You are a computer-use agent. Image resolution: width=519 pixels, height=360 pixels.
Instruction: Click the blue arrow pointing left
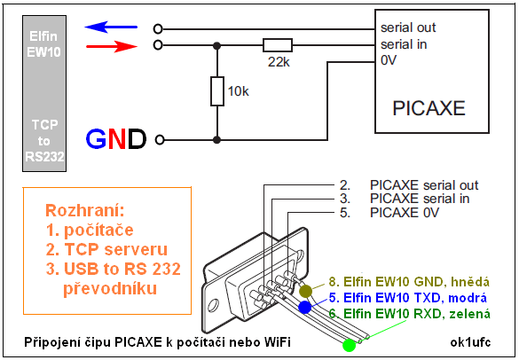coord(111,27)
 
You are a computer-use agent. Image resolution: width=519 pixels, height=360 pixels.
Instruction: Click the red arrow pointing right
coord(112,47)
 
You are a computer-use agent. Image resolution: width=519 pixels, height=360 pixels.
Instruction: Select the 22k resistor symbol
coord(278,45)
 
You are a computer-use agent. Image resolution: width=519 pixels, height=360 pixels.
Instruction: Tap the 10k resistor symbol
coord(217,91)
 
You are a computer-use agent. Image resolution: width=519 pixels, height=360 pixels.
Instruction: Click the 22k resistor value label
coord(279,62)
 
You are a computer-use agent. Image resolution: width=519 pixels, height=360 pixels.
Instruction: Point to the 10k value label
coord(239,91)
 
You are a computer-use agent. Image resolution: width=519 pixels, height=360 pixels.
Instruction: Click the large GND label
coord(116,139)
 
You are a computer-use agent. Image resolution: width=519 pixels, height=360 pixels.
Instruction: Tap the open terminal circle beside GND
coord(160,140)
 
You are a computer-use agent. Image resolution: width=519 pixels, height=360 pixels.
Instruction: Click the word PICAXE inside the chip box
coord(429,108)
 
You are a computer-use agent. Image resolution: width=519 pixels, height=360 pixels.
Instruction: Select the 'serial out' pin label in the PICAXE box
coord(408,27)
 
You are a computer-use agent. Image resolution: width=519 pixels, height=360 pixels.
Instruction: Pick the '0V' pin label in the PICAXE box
coord(389,60)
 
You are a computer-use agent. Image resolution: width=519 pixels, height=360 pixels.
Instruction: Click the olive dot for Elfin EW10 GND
coord(305,291)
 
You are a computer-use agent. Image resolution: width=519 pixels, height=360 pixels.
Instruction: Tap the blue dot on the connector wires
coord(305,308)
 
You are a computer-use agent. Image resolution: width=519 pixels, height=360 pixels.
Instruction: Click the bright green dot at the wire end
coord(349,346)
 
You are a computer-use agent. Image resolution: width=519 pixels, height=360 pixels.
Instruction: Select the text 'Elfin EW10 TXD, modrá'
coord(415,298)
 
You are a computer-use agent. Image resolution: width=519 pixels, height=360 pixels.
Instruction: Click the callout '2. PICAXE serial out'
coord(409,185)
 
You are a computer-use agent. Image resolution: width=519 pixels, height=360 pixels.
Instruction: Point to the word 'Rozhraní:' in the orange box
coord(85,211)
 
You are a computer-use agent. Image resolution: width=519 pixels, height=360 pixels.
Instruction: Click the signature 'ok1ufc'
coord(471,342)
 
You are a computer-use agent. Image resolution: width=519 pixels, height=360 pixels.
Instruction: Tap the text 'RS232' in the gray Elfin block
coord(44,157)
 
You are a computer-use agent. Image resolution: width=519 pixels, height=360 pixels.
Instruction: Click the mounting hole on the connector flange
coord(214,305)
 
